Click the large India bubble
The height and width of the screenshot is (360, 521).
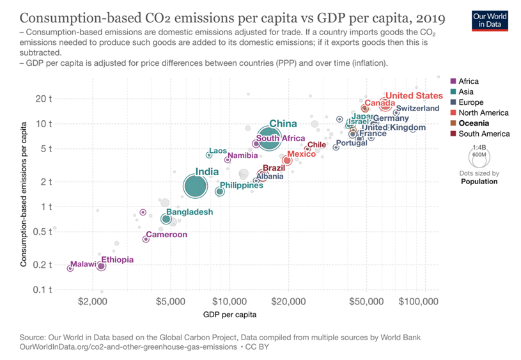click(195, 186)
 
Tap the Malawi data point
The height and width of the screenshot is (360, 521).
click(70, 268)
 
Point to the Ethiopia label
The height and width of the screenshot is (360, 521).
click(118, 260)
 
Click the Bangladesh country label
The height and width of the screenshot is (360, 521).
click(189, 212)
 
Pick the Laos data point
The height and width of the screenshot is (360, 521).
click(209, 155)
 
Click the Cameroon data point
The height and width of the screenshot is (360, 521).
click(146, 239)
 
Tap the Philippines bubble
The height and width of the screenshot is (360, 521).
click(220, 191)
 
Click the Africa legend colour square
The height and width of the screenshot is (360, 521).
click(453, 81)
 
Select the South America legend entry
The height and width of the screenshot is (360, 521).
click(484, 134)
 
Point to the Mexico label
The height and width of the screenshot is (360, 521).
click(301, 154)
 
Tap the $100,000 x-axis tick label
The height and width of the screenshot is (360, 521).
click(419, 300)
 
